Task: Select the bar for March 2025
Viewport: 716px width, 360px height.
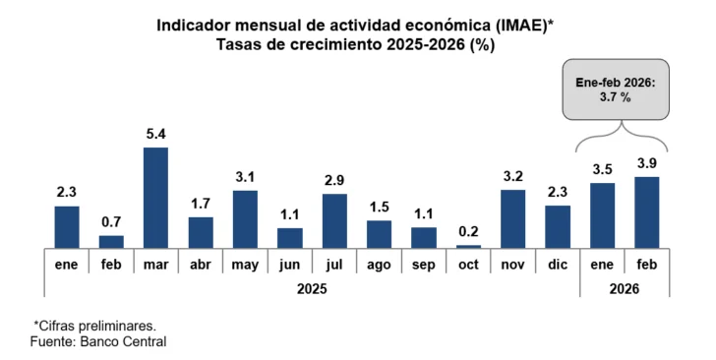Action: click(155, 198)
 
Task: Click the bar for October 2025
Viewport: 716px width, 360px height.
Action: click(468, 246)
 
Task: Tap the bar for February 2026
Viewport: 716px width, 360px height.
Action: click(647, 212)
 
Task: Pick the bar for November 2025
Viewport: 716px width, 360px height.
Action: click(512, 218)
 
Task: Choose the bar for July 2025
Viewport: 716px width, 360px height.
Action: click(334, 220)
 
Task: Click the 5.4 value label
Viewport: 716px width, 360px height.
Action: click(155, 134)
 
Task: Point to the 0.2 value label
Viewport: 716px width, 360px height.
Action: click(468, 232)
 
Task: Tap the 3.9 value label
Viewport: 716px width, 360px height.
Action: click(647, 163)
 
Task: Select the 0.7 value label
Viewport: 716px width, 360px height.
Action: click(111, 222)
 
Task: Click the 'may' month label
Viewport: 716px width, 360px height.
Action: click(245, 266)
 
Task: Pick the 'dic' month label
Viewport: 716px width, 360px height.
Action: click(558, 266)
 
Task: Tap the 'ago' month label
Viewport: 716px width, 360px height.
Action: click(379, 266)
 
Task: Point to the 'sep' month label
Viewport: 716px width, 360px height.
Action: click(424, 266)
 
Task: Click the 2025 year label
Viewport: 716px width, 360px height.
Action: click(312, 288)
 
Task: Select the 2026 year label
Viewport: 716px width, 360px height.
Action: click(625, 288)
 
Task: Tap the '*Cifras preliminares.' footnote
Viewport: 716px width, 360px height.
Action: click(95, 324)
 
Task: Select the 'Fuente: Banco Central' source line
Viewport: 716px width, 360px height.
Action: click(98, 340)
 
